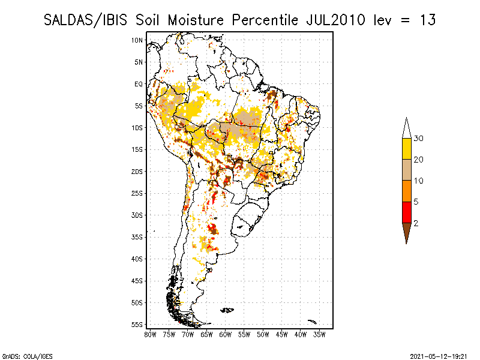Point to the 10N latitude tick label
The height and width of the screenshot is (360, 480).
[137, 40]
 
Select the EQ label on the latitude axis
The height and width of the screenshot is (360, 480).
[139, 84]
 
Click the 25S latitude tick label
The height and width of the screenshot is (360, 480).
[137, 193]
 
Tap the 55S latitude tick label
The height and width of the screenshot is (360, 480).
[137, 324]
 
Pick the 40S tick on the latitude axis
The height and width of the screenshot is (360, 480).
[137, 259]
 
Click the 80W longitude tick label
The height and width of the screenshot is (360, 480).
[150, 334]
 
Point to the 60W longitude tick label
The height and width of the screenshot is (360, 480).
[226, 334]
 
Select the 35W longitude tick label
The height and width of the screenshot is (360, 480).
[320, 334]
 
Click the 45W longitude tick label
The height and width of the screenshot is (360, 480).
[282, 334]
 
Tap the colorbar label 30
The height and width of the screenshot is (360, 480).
[419, 139]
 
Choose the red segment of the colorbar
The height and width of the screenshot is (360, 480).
[406, 212]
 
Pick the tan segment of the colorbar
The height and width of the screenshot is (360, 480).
[406, 170]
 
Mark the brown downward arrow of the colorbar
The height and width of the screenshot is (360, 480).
[406, 232]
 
